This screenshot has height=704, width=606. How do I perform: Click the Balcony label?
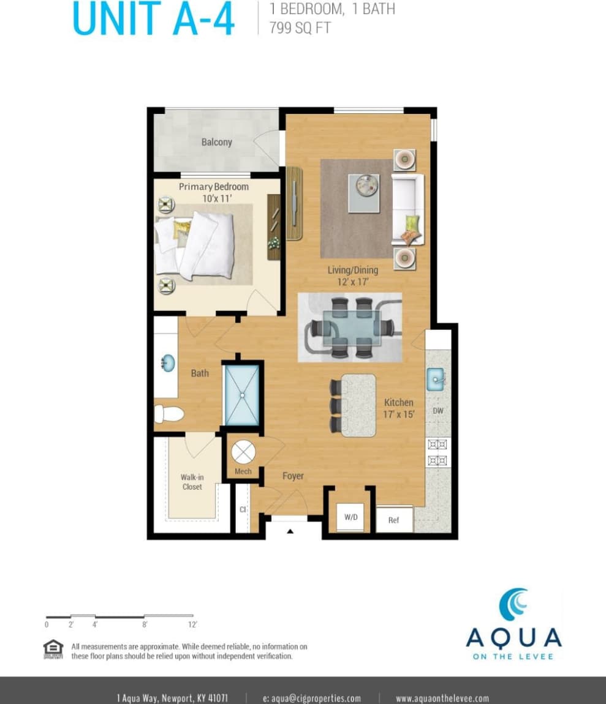click(216, 142)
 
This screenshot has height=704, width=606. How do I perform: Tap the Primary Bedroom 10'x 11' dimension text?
click(214, 198)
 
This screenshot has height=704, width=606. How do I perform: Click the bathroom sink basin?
click(167, 364)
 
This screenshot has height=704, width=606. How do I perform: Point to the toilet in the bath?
click(167, 414)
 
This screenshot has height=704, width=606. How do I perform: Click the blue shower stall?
click(241, 394)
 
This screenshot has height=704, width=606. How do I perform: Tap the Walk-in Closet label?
click(192, 482)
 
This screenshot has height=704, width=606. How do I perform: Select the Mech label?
click(243, 471)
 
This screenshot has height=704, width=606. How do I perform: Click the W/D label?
click(350, 517)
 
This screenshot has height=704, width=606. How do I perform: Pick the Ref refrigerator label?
click(393, 520)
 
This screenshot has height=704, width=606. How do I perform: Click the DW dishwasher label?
click(438, 411)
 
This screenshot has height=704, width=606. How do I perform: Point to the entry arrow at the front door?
click(290, 531)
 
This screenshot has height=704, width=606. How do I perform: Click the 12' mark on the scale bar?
click(192, 624)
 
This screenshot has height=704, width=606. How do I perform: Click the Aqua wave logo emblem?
click(513, 604)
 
